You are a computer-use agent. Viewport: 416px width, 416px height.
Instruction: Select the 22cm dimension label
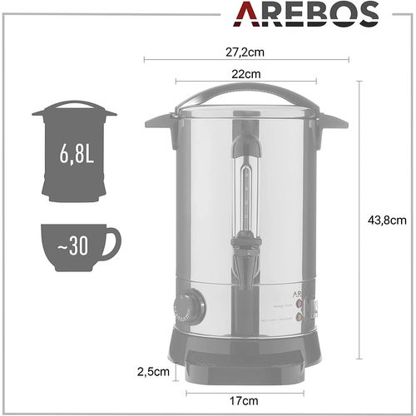tap(245, 73)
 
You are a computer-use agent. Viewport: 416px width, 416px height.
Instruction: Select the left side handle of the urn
tap(159, 121)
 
